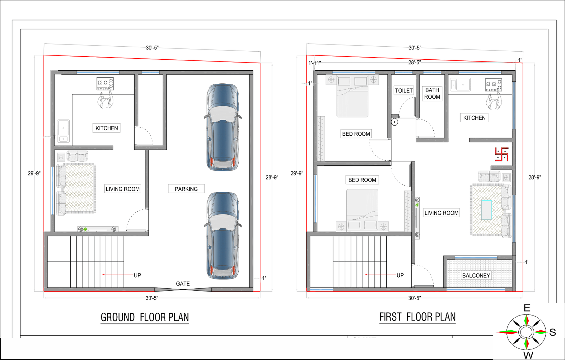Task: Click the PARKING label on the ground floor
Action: (186, 189)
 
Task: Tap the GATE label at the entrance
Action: (183, 284)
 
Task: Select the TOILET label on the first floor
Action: (404, 90)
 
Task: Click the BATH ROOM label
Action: (432, 94)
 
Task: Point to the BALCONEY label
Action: (476, 276)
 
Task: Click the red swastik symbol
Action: (501, 154)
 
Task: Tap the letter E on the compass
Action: (527, 308)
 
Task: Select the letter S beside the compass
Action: (552, 332)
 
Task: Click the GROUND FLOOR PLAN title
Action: (145, 317)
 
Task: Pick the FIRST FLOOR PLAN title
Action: (417, 317)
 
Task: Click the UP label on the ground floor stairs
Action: (137, 275)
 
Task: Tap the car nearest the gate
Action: (223, 235)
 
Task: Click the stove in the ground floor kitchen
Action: (105, 84)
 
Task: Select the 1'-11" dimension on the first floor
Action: (315, 63)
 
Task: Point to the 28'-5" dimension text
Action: (415, 62)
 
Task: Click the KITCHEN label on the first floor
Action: (474, 118)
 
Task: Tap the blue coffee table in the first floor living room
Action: (487, 209)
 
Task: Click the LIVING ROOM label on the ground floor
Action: (123, 189)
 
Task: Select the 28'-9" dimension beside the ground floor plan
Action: (272, 177)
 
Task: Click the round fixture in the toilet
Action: (394, 122)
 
